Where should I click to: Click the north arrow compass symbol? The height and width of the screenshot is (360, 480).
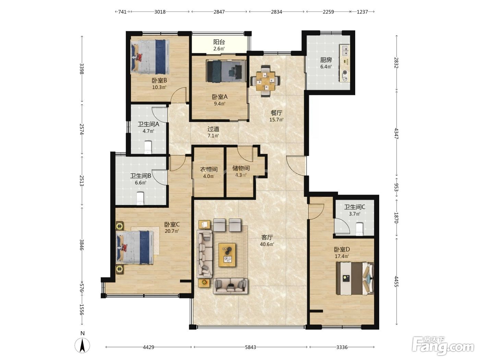[82, 345]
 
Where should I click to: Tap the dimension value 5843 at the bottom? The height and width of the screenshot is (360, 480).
[250, 347]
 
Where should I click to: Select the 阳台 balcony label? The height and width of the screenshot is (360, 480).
[219, 42]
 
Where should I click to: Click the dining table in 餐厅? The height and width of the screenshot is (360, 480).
[265, 81]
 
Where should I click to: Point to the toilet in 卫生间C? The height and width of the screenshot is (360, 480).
[359, 229]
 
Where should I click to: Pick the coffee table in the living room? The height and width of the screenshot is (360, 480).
[227, 255]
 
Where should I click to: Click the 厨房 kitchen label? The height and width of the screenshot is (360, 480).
[326, 60]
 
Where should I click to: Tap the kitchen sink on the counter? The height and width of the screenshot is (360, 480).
[345, 50]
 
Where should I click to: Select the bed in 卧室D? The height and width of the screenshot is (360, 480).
[355, 278]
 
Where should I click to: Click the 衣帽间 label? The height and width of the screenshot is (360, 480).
[209, 169]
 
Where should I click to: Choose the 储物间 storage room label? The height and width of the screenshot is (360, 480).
[241, 168]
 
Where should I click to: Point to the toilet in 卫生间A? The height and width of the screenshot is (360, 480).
[148, 147]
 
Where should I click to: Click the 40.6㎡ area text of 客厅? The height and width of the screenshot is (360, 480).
[267, 244]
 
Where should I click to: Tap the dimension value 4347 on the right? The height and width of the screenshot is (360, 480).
[396, 134]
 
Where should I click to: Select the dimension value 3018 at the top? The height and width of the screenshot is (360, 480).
[160, 12]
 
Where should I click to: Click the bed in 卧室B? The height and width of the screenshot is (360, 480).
[150, 57]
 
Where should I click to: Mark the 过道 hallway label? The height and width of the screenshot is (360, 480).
[213, 129]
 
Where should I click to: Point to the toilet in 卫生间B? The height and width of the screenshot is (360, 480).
[140, 198]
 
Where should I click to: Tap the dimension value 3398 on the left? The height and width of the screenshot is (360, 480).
[81, 69]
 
